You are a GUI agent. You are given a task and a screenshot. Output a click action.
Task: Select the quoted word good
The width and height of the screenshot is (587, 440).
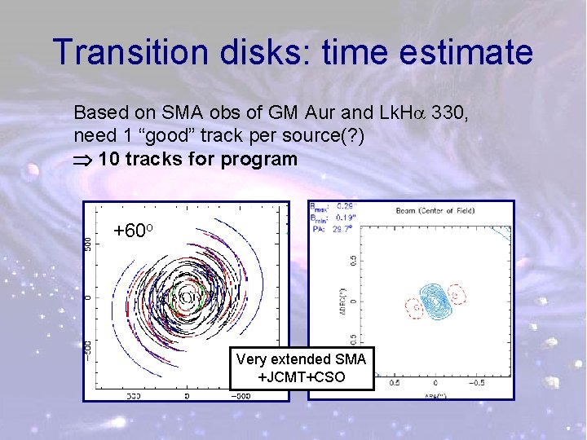point(176,135)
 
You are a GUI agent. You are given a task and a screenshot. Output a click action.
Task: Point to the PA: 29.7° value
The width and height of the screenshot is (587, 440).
point(331,229)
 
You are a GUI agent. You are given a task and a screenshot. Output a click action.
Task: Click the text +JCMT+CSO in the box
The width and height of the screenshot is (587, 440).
point(302,377)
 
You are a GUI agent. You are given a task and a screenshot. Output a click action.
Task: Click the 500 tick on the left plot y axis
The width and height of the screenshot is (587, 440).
point(88,242)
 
